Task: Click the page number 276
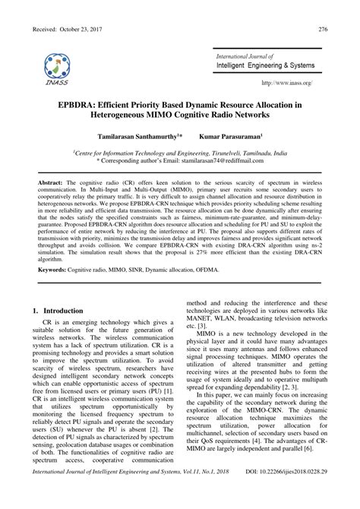pos(323,30)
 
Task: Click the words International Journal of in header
pos(245,56)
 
